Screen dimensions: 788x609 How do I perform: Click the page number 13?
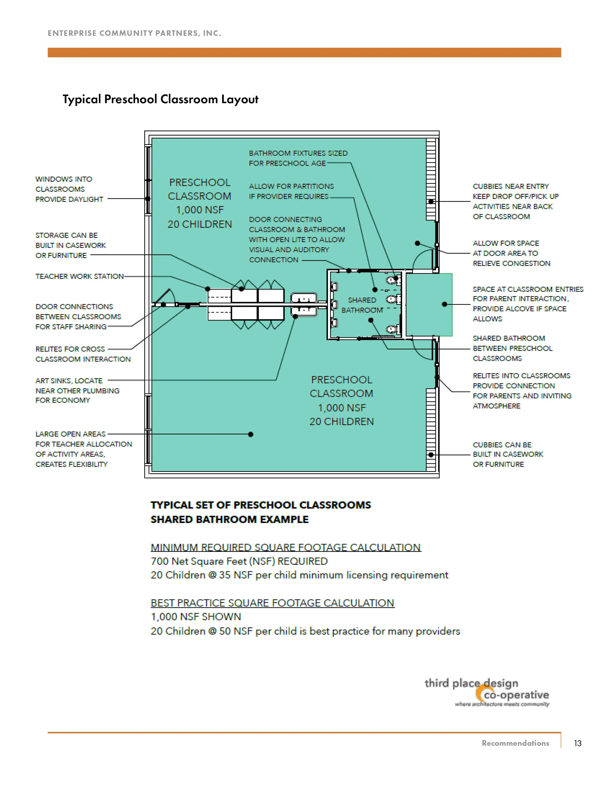(578, 743)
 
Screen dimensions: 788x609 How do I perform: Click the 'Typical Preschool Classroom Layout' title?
(161, 99)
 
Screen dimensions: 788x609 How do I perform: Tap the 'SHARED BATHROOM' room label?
(362, 305)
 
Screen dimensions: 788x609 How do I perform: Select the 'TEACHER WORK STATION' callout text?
(79, 276)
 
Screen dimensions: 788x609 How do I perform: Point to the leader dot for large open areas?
(251, 434)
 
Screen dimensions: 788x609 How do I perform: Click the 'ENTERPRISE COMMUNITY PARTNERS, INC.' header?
(134, 33)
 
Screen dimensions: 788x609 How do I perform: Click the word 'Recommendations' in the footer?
(515, 743)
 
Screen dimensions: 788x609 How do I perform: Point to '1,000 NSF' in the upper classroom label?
(200, 210)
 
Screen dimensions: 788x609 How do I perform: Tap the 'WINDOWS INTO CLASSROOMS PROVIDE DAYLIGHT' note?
(69, 189)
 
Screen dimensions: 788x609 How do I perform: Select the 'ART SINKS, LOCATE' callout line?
(69, 381)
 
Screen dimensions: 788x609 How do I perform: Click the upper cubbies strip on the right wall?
(431, 179)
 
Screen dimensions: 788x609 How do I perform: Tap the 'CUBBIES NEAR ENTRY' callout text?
(511, 187)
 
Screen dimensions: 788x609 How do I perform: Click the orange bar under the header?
(304, 52)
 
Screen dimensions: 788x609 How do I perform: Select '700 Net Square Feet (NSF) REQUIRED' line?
(239, 561)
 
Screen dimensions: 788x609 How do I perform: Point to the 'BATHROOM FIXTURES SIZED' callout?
(298, 153)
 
